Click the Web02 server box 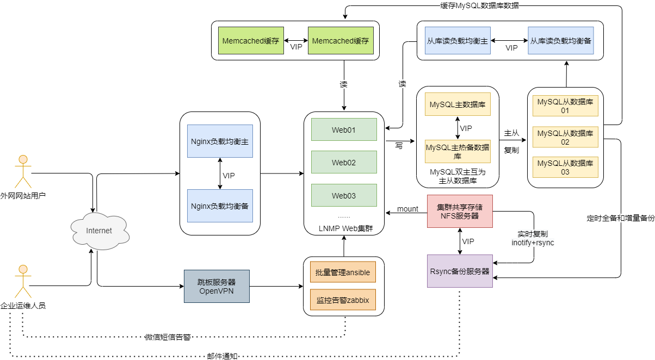click(x=344, y=162)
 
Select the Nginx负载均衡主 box click(x=220, y=141)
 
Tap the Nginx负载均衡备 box click(x=220, y=206)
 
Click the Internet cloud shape click(x=100, y=231)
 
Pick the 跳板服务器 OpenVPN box click(x=217, y=286)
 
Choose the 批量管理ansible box click(x=343, y=272)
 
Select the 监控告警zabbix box click(x=343, y=300)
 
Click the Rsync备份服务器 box click(x=460, y=270)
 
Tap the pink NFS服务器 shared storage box click(x=460, y=211)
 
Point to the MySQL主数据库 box click(x=458, y=104)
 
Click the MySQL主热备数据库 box click(x=458, y=151)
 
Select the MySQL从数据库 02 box click(x=565, y=137)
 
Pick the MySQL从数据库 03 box click(x=565, y=167)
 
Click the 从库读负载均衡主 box click(x=458, y=41)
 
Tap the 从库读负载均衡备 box click(x=561, y=41)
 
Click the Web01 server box click(x=344, y=130)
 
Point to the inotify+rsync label click(x=533, y=243)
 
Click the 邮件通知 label click(x=222, y=356)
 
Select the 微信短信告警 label click(x=168, y=337)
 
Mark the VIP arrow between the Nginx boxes click(x=220, y=173)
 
